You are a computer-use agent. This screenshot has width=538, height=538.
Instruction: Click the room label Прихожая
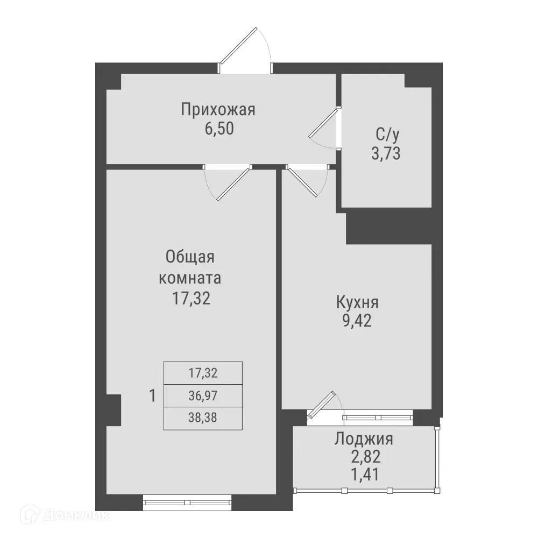point(217,110)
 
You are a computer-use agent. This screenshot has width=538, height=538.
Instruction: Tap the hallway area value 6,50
point(217,130)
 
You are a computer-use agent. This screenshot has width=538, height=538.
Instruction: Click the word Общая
point(190,257)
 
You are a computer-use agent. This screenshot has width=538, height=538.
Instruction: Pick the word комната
point(190,279)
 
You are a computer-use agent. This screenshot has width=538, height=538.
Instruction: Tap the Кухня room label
point(357,302)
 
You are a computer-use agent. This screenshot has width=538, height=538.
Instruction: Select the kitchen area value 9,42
point(357,322)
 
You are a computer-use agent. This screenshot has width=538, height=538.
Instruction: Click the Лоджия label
point(364,439)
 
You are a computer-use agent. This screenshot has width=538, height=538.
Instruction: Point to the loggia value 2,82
point(364,458)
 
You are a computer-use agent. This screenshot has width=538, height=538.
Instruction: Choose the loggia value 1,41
point(364,476)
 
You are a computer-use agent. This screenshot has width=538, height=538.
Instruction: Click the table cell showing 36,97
point(203,397)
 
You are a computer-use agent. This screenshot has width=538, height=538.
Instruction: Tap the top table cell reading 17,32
point(203,372)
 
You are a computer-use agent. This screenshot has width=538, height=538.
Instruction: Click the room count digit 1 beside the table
point(152,397)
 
